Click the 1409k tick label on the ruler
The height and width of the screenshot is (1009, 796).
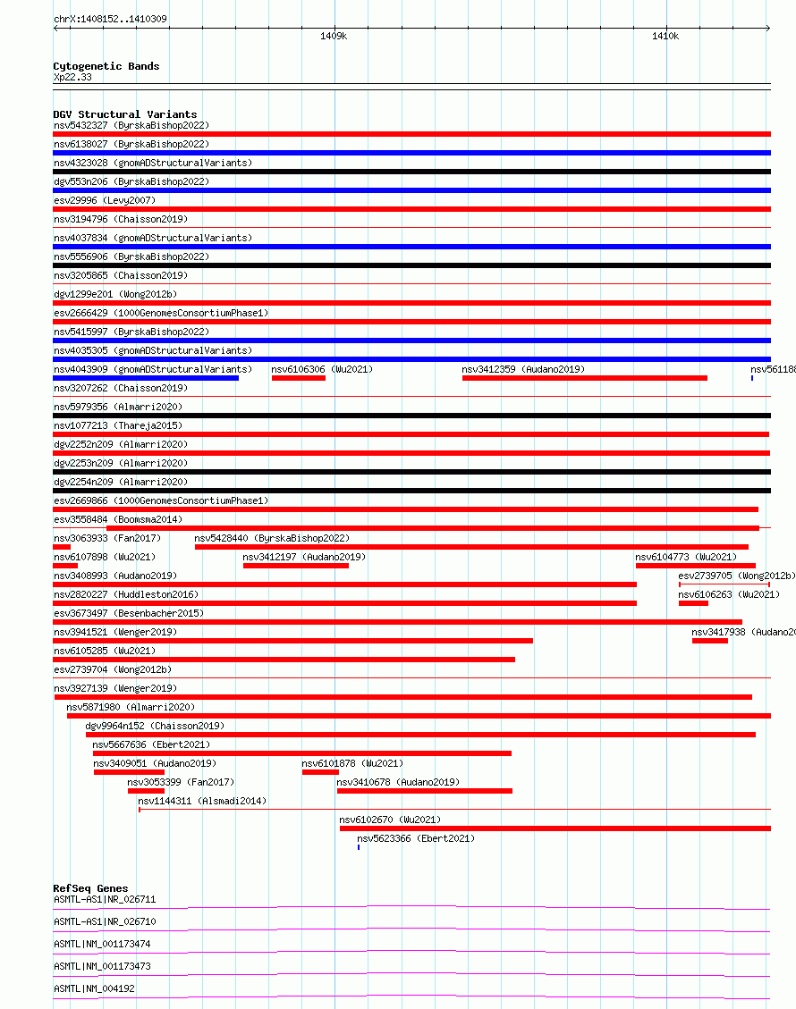tap(334, 37)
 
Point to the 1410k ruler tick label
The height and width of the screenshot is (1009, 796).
tap(665, 37)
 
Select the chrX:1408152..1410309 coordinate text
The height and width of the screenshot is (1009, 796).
tap(110, 19)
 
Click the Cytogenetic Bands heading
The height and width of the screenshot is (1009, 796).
tap(106, 66)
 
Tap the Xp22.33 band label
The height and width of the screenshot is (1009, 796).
tap(72, 77)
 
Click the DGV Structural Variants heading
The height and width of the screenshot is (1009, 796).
tap(124, 114)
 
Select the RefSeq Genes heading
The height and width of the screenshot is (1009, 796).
tap(90, 888)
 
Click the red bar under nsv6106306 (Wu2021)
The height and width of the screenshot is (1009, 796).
tap(299, 378)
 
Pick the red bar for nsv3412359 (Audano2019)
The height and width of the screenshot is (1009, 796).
tap(584, 378)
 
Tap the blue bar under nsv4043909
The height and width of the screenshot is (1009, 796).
tap(146, 378)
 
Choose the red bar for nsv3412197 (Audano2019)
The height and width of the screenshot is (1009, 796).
tap(296, 566)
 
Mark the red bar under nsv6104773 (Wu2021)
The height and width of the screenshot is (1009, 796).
tap(695, 566)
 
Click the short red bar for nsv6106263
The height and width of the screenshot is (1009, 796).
tap(693, 603)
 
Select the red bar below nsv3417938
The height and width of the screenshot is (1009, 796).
tap(709, 641)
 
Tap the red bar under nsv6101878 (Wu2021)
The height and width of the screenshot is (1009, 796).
tap(320, 772)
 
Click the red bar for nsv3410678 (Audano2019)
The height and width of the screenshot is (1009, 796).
tap(424, 791)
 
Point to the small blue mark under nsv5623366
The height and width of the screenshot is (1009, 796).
tap(359, 847)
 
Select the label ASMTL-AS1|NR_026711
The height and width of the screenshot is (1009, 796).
tap(105, 899)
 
